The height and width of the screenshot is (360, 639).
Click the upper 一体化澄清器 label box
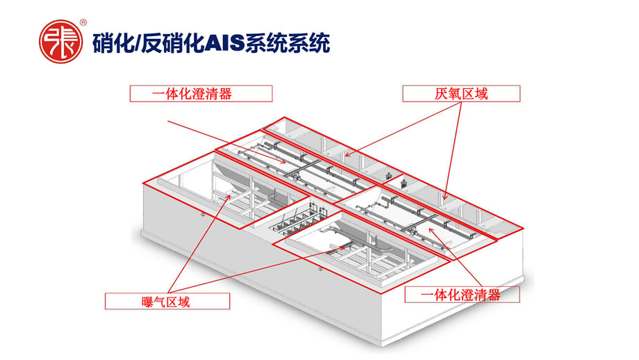pyautogui.click(x=201, y=94)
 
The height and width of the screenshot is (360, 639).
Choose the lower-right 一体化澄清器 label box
pyautogui.click(x=462, y=294)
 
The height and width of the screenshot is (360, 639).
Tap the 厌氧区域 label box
pyautogui.click(x=460, y=94)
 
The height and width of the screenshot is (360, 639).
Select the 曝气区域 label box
pyautogui.click(x=167, y=301)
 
